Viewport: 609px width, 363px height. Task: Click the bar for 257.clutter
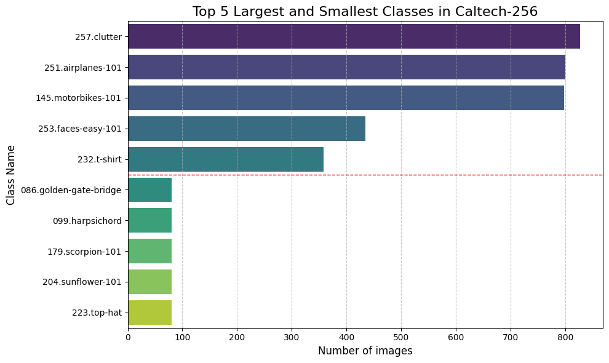coord(354,36)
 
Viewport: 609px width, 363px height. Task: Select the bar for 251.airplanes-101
coord(346,67)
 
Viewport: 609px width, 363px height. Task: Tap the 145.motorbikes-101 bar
coord(346,98)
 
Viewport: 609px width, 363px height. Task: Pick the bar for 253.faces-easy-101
coord(247,129)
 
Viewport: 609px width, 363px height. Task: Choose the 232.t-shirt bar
coord(226,159)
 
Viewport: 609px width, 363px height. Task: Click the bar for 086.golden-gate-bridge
coord(149,190)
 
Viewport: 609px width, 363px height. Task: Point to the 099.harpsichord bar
coord(149,220)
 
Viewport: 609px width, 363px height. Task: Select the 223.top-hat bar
coord(149,313)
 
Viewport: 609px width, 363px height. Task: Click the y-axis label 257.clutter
coord(95,36)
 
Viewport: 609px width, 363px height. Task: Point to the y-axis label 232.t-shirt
coord(99,159)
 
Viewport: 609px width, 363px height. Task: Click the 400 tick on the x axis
coord(346,337)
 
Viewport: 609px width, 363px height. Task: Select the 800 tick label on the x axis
coord(565,337)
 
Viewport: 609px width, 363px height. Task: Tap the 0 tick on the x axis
coord(128,337)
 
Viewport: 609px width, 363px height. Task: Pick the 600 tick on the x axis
coord(456,337)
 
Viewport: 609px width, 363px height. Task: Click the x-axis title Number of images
coord(365,351)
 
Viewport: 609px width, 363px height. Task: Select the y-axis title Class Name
coord(11,175)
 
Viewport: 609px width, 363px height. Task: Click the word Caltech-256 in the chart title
coord(498,11)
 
